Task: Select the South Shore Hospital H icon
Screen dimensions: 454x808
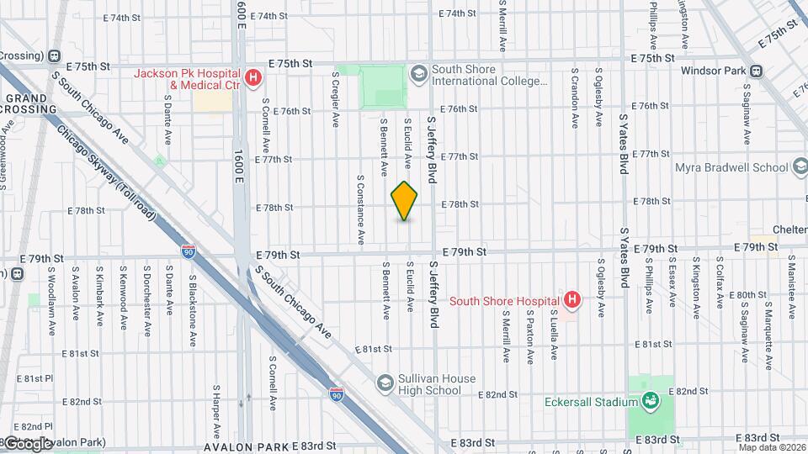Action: point(572,300)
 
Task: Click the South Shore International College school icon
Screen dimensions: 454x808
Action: point(418,75)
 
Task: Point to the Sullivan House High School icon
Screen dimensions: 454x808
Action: point(385,384)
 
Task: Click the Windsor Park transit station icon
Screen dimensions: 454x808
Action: point(756,71)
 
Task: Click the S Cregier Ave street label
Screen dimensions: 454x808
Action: point(335,98)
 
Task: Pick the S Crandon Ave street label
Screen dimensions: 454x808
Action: point(574,98)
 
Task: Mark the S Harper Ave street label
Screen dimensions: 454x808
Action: point(216,402)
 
